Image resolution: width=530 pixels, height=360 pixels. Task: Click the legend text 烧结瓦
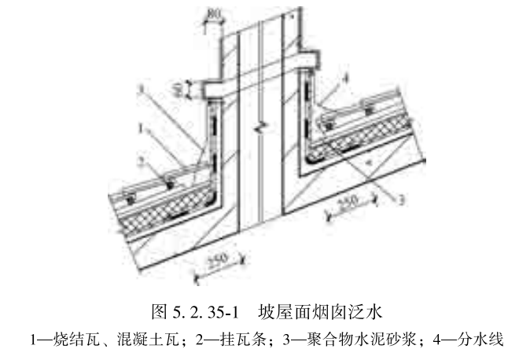(72, 340)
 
